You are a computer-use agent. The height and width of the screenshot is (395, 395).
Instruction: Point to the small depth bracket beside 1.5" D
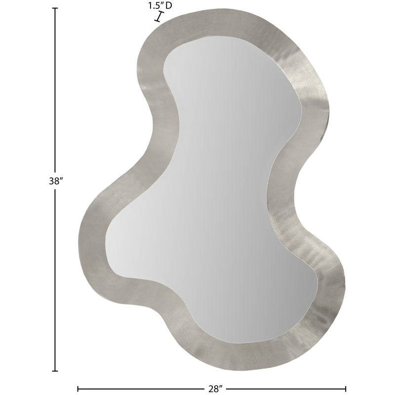point(158,17)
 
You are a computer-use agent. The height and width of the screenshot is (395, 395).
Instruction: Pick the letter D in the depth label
point(168,6)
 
